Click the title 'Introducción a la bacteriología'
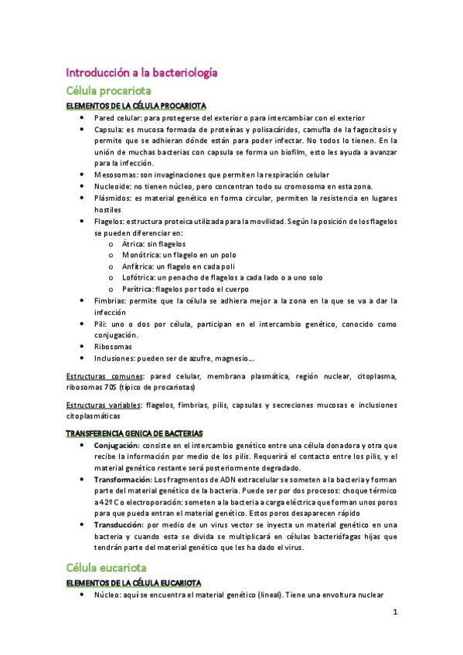pyautogui.click(x=141, y=73)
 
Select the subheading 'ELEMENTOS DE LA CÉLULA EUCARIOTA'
pyautogui.click(x=134, y=582)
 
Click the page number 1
pyautogui.click(x=394, y=613)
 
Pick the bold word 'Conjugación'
pyautogui.click(x=117, y=446)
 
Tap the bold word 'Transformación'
pyautogui.click(x=123, y=480)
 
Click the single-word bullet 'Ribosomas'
pyautogui.click(x=114, y=348)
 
